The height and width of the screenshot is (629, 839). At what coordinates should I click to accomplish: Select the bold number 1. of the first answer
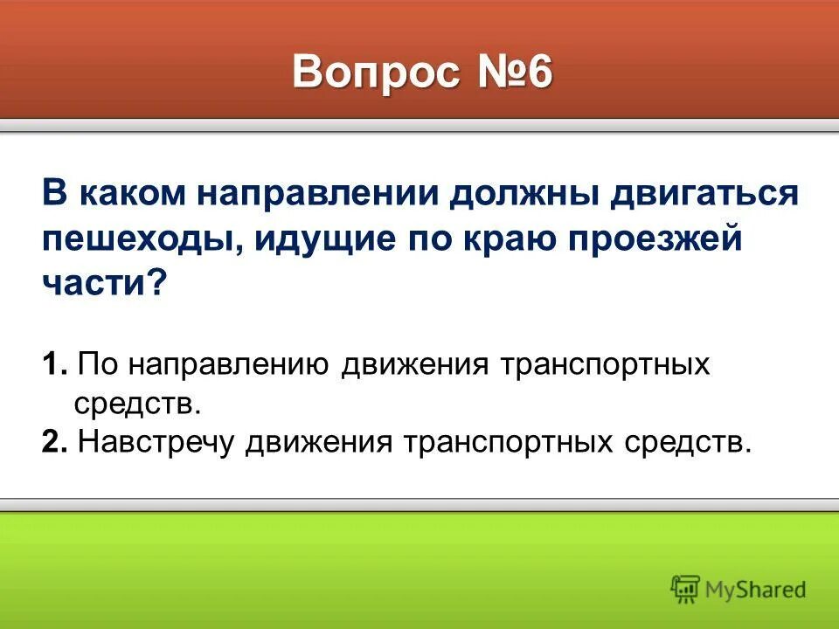point(53,363)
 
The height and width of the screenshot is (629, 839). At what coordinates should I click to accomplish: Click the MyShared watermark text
point(756,590)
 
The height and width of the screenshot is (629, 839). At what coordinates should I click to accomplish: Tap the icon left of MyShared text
point(686,589)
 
